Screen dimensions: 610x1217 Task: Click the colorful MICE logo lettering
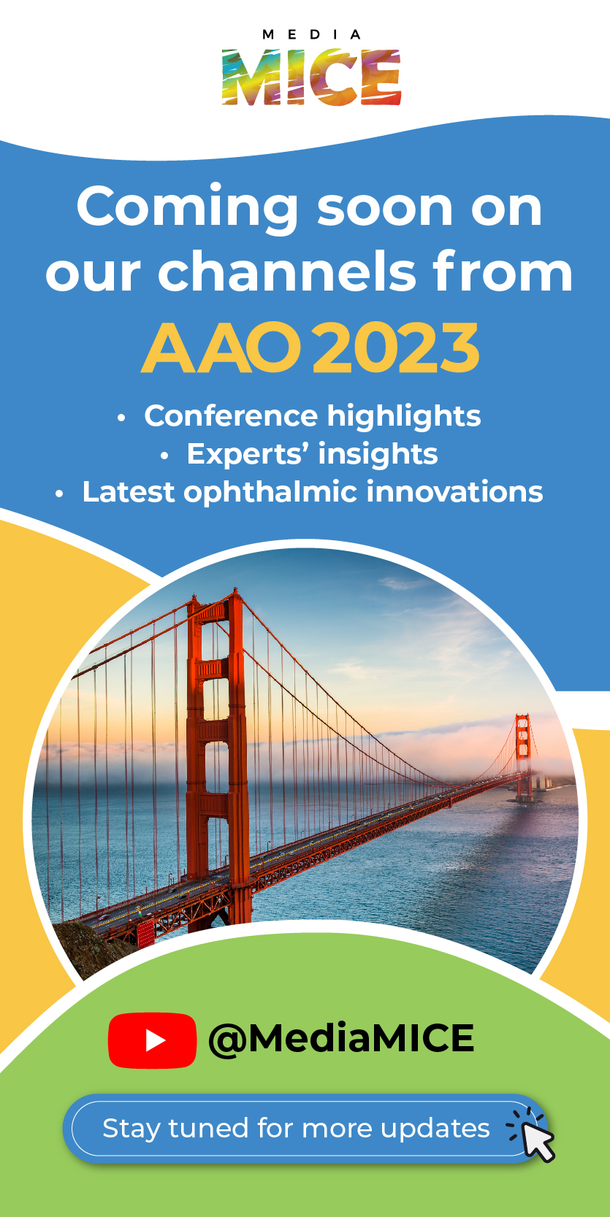(x=311, y=77)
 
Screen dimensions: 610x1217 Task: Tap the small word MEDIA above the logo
(x=311, y=35)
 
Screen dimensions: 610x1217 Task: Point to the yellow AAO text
(x=221, y=348)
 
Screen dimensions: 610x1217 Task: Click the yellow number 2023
(x=396, y=348)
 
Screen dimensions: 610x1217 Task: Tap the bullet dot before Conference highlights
(x=121, y=418)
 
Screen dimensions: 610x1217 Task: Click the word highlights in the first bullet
(x=404, y=418)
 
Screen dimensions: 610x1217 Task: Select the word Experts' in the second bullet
(x=250, y=455)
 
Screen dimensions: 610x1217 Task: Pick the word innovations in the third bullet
(x=454, y=491)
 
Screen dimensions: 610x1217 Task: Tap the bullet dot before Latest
(x=59, y=494)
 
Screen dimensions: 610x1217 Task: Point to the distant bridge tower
(x=523, y=757)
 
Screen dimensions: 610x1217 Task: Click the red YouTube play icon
(x=152, y=1040)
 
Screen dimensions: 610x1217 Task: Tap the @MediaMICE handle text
(x=341, y=1039)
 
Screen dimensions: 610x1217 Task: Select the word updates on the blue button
(x=435, y=1129)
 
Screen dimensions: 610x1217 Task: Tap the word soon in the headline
(x=385, y=210)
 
